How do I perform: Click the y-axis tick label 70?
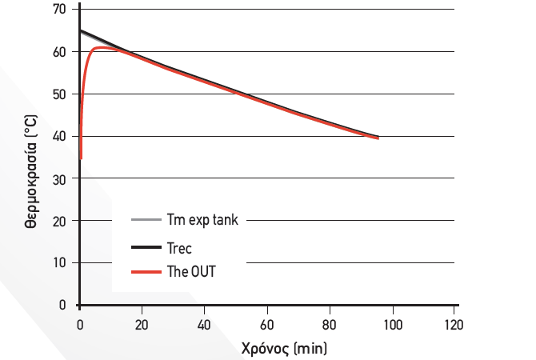[x=59, y=10]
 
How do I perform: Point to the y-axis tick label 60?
[x=59, y=52]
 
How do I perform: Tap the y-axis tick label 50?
[x=59, y=94]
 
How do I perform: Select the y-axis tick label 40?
[x=59, y=137]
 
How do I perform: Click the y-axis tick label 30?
[x=59, y=178]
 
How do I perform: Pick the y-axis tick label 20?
[x=59, y=221]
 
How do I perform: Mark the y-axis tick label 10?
[x=59, y=263]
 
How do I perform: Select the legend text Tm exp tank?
[x=202, y=219]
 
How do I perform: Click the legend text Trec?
[x=180, y=249]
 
